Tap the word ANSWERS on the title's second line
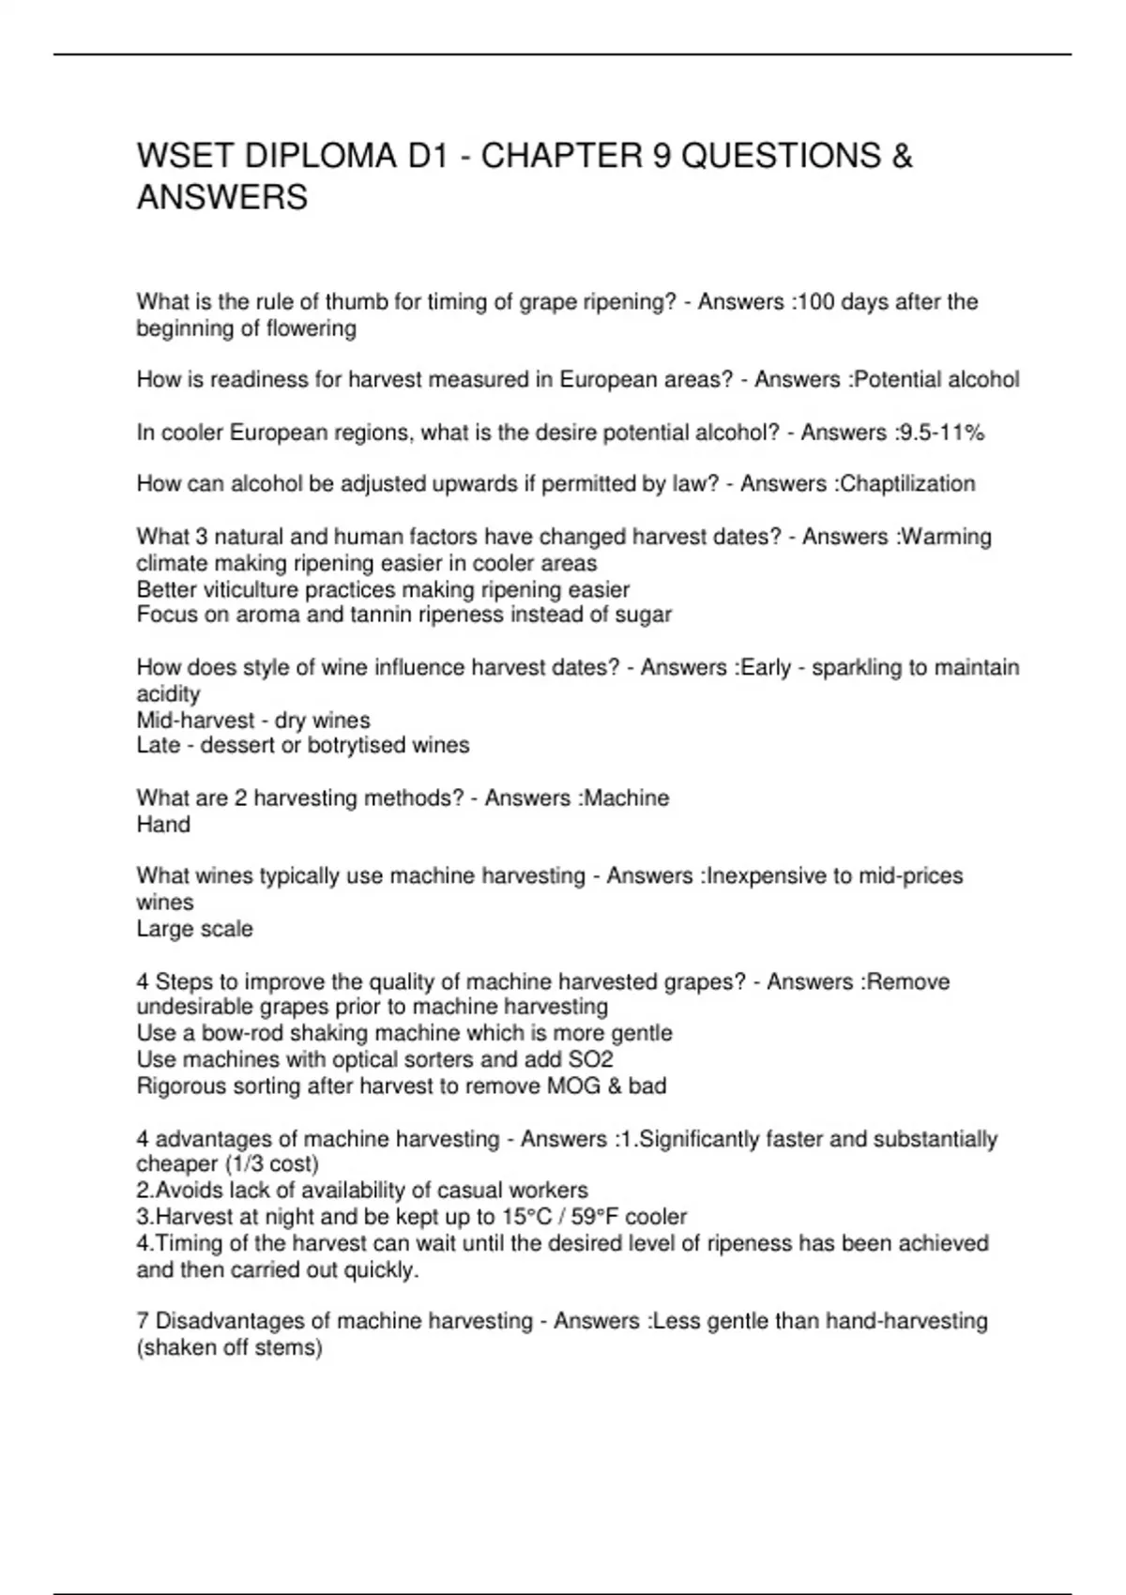coord(222,198)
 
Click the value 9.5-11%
coord(940,433)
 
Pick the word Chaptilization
coord(907,484)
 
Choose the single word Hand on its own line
coord(163,825)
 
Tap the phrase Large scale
coord(194,929)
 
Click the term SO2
coord(591,1059)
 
